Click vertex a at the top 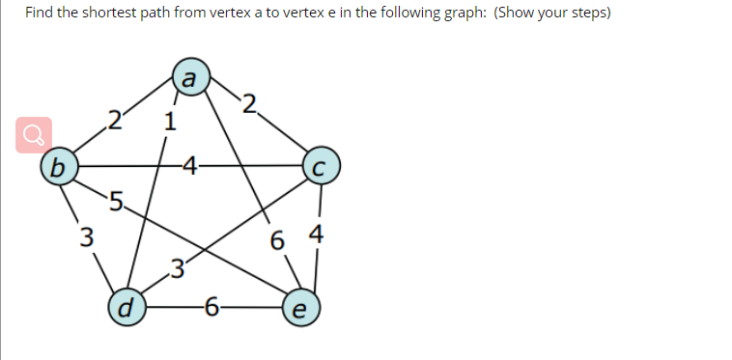190,78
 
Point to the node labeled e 298,310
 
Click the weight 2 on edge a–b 115,121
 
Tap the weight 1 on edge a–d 170,123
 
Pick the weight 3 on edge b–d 87,236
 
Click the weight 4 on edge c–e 316,235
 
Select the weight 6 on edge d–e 211,309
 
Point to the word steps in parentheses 581,14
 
